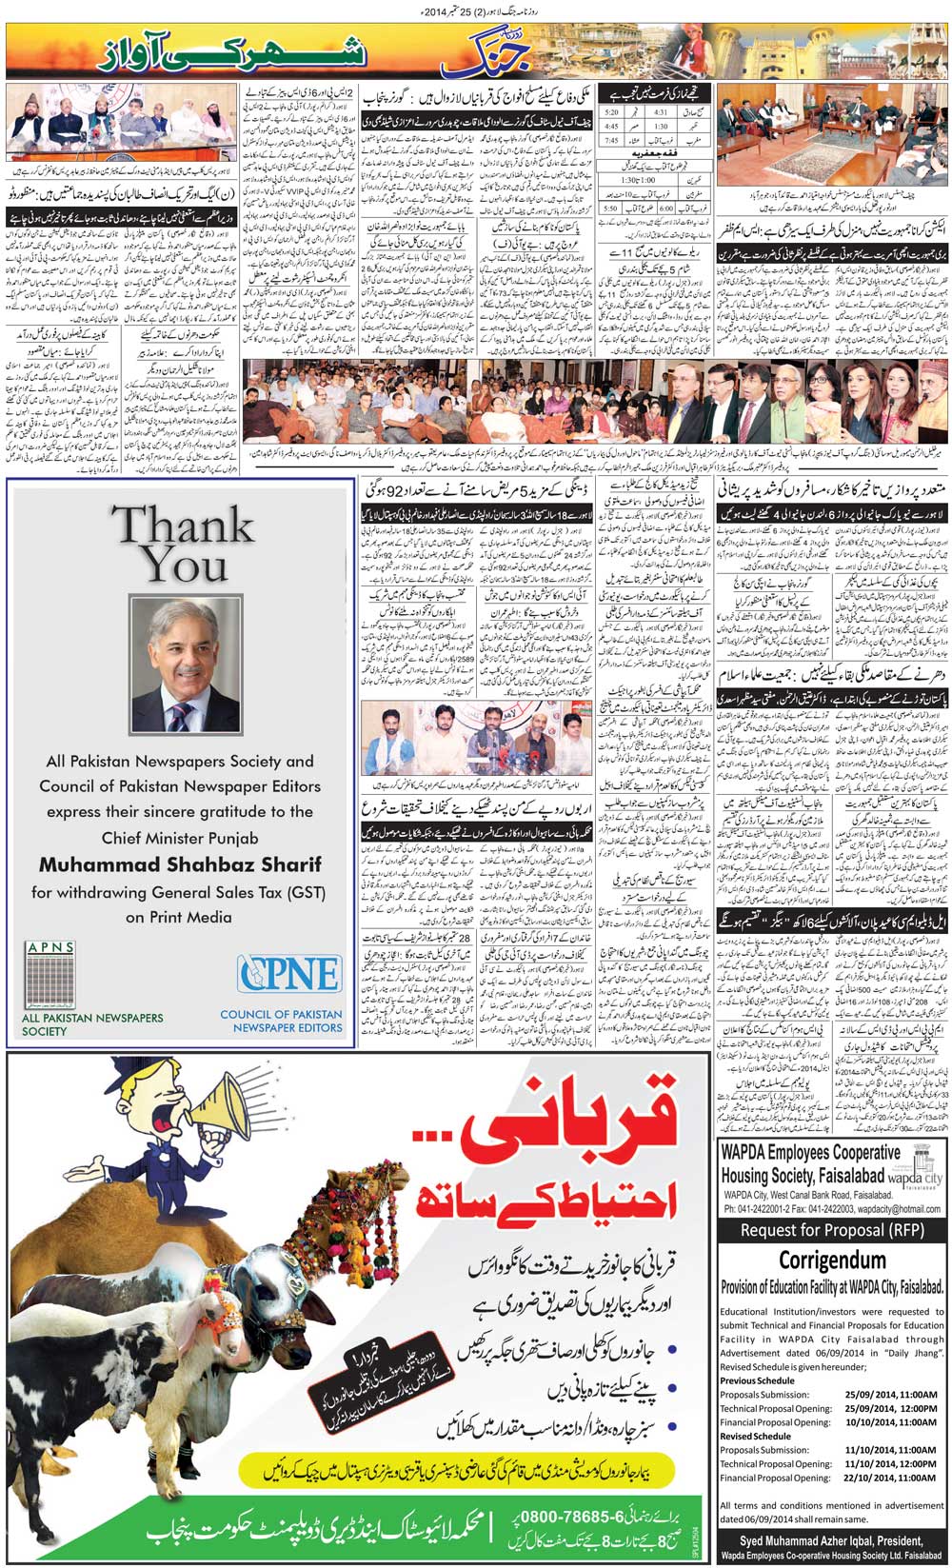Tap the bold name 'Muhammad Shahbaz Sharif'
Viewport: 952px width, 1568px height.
pyautogui.click(x=180, y=864)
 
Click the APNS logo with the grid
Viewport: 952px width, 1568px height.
pyautogui.click(x=50, y=975)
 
